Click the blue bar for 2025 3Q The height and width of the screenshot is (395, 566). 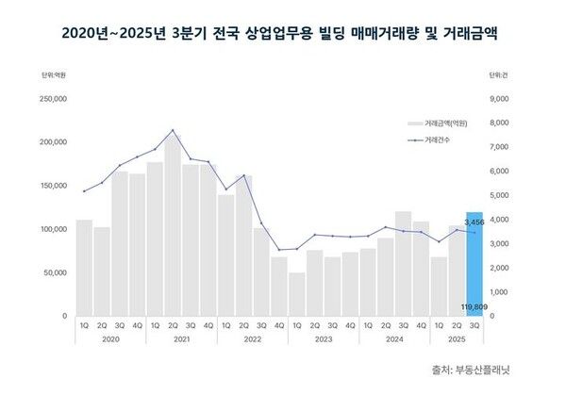[474, 264]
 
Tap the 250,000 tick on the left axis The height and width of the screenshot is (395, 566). [52, 98]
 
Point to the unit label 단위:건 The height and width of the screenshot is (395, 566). [499, 74]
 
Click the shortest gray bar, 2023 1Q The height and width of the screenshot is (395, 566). [296, 294]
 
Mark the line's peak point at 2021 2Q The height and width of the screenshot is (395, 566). [173, 130]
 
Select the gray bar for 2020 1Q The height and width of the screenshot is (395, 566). [84, 268]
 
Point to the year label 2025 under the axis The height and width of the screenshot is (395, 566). [456, 338]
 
